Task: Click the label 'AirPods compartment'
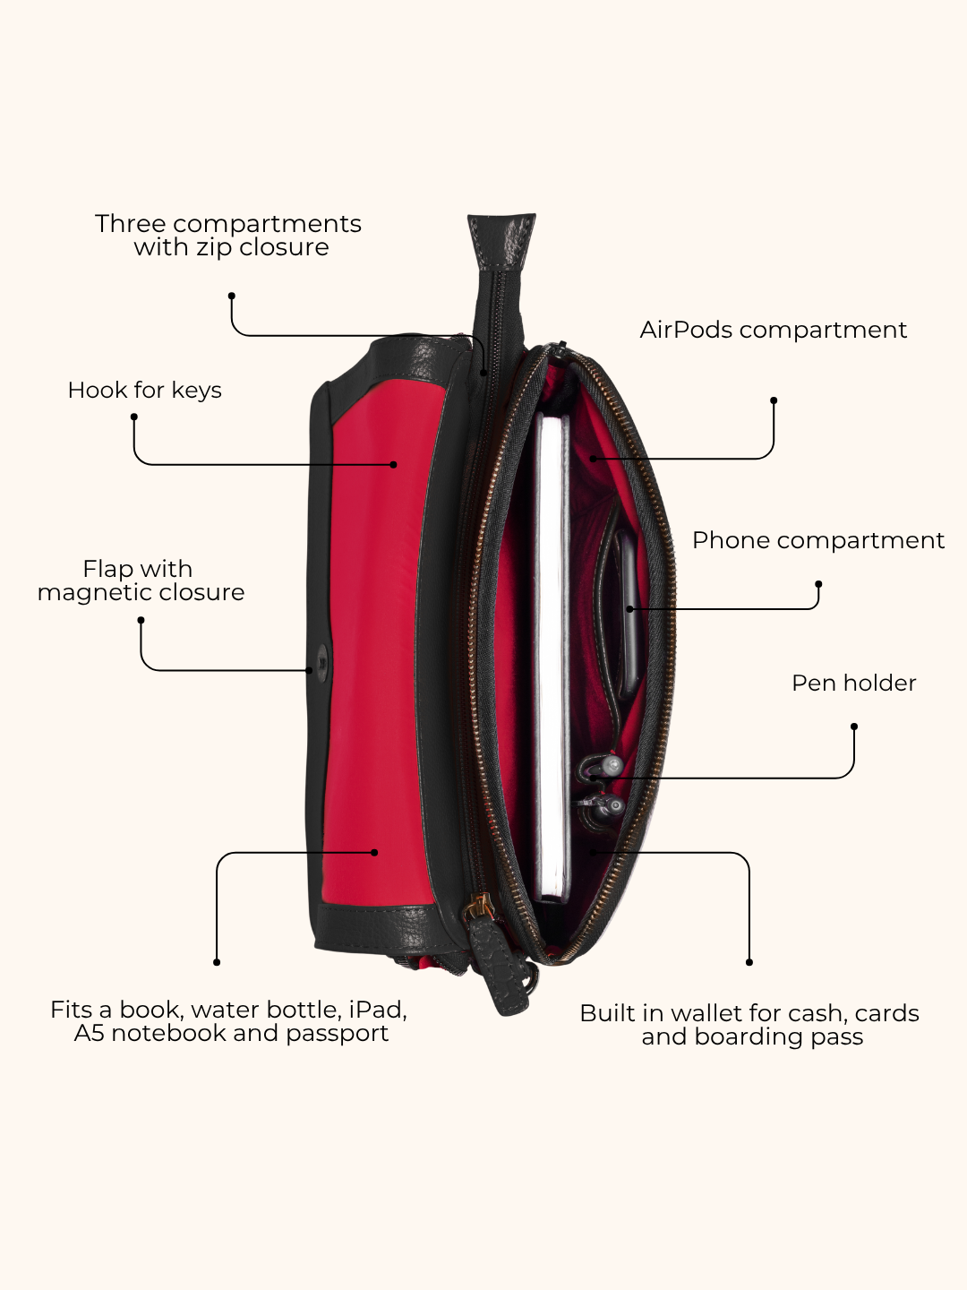point(774,330)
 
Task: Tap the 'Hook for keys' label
point(144,391)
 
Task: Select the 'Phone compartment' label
point(818,540)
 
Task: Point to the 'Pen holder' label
point(853,683)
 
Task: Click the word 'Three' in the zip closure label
point(130,224)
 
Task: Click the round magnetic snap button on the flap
point(322,662)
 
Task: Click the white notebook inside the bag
point(552,658)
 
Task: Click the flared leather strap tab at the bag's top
point(501,240)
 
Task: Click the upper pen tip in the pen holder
point(612,765)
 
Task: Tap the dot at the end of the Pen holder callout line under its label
point(853,727)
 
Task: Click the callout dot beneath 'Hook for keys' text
point(134,417)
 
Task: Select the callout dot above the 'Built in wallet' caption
point(749,962)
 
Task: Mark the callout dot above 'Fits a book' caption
point(217,962)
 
